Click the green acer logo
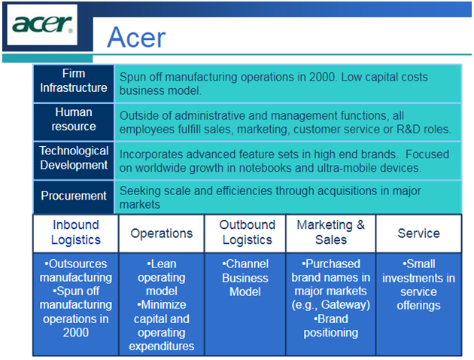[42, 24]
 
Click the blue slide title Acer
[136, 37]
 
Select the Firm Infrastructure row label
[74, 81]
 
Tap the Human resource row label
[74, 119]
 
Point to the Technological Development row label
[74, 158]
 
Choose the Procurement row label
[74, 196]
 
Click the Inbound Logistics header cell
[75, 232]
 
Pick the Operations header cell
[162, 233]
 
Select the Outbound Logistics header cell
[247, 232]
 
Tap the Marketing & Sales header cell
[331, 232]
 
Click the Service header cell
[418, 233]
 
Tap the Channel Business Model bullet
[245, 278]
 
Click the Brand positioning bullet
[331, 325]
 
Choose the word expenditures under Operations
[162, 346]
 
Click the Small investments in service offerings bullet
[418, 285]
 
